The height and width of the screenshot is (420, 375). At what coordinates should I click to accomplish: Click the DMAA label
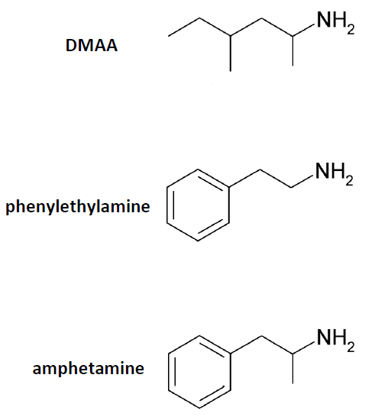click(x=92, y=45)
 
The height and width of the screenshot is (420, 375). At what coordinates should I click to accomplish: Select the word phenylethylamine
click(x=78, y=207)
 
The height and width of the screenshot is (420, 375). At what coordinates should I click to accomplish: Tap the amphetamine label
click(x=89, y=368)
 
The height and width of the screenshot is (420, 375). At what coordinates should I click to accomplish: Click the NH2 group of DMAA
click(x=336, y=22)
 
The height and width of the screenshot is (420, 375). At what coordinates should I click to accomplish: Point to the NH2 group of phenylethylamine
click(x=335, y=174)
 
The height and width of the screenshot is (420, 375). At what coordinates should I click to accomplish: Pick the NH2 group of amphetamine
click(x=336, y=340)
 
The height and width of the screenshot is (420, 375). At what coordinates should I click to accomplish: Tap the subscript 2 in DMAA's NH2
click(x=351, y=29)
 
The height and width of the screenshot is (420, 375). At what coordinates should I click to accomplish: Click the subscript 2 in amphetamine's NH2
click(x=351, y=347)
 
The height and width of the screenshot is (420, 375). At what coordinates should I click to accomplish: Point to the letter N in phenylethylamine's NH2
click(x=322, y=171)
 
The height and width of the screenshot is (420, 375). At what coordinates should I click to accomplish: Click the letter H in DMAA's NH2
click(x=338, y=20)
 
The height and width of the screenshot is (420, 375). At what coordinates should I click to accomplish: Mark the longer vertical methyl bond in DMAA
click(x=231, y=53)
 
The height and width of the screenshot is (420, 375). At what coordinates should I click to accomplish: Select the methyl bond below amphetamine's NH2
click(x=293, y=369)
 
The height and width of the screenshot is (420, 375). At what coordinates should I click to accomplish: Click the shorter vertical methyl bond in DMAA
click(x=293, y=51)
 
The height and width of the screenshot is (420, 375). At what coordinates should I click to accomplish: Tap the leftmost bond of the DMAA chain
click(x=184, y=27)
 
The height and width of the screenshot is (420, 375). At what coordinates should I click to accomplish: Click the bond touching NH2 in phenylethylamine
click(x=302, y=181)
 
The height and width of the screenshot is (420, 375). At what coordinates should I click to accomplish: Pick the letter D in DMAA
click(x=71, y=45)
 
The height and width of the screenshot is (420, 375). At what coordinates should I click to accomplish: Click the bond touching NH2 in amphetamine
click(x=304, y=347)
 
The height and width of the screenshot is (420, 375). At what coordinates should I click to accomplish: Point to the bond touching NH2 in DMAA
click(x=304, y=30)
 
